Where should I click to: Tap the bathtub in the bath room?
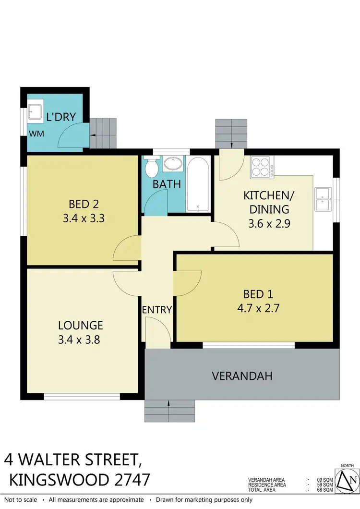point(198,185)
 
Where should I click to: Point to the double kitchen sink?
point(323,199)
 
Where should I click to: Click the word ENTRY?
point(157,310)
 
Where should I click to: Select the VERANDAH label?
point(242,376)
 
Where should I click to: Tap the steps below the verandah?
point(169,411)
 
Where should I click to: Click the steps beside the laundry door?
point(104,133)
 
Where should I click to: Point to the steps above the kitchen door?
point(231,133)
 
